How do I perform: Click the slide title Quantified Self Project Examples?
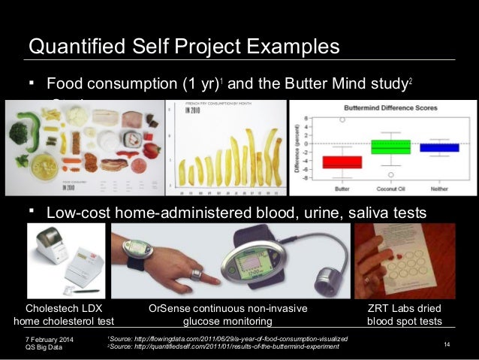point(184,47)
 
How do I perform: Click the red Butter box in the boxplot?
point(342,162)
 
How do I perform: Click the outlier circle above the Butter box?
point(342,119)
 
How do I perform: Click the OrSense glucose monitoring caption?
point(227,315)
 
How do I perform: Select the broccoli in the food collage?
point(20,133)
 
